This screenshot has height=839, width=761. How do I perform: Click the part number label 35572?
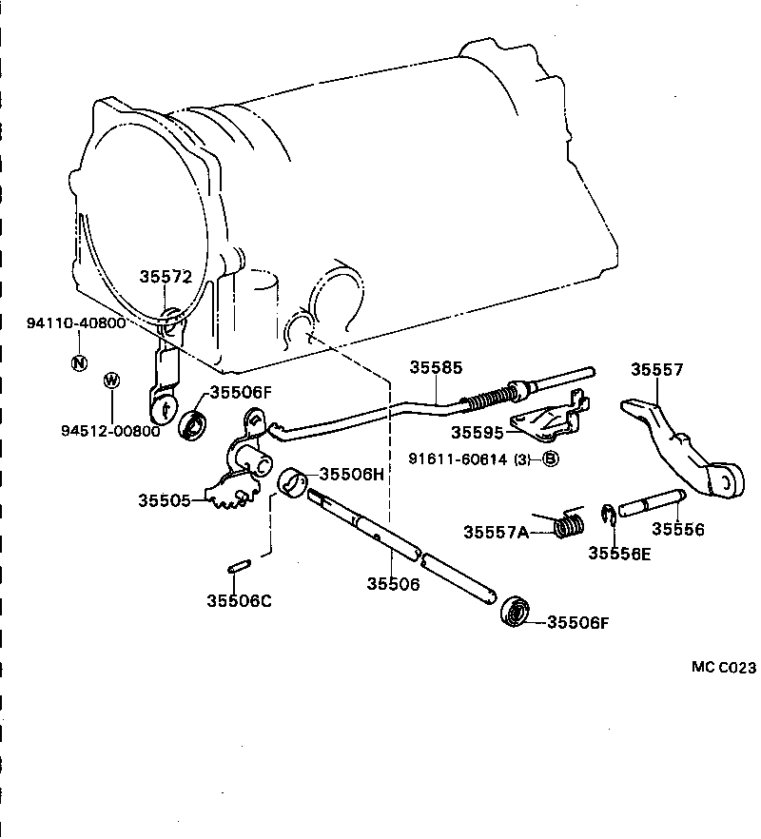(166, 277)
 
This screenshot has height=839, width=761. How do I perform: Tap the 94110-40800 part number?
(75, 323)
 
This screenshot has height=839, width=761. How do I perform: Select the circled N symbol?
(79, 361)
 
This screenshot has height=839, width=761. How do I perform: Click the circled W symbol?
(112, 380)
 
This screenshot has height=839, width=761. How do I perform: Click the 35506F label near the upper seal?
(241, 391)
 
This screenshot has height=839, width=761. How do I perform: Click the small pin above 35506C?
(239, 567)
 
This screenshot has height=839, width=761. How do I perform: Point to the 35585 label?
(436, 366)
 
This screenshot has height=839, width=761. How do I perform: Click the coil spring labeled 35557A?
(569, 524)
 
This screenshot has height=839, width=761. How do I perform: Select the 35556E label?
(618, 553)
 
